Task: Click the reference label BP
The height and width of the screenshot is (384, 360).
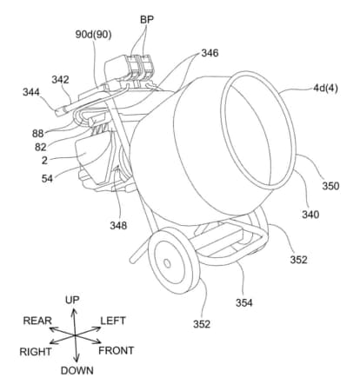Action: (x=147, y=19)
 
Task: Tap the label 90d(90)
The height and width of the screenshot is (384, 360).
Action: (x=93, y=35)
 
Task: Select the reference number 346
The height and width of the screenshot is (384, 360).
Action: (x=210, y=53)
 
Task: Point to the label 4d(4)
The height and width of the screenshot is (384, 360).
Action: (x=325, y=88)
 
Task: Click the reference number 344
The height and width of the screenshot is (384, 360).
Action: (x=31, y=92)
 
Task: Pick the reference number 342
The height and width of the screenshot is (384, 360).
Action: (x=60, y=80)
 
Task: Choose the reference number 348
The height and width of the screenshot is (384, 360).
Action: (x=118, y=225)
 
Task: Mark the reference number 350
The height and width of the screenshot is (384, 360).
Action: (x=330, y=186)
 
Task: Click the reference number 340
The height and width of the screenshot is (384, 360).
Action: (x=310, y=215)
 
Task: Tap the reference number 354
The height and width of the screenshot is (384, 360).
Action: (x=244, y=303)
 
